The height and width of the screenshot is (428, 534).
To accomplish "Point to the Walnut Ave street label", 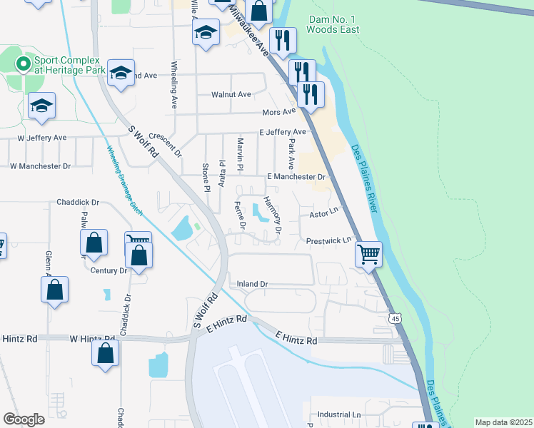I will [x=231, y=94].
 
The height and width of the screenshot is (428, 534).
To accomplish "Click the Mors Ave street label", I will [x=278, y=112].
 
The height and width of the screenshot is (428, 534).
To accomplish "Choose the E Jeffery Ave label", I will [x=283, y=132].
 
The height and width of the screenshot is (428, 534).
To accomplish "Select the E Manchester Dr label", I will [x=296, y=176].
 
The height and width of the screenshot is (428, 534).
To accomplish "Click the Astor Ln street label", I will [x=322, y=214].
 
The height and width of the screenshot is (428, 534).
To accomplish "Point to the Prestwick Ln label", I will [x=329, y=240].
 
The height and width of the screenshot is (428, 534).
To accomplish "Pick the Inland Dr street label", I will [x=253, y=284].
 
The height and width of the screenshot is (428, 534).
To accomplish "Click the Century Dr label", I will [x=109, y=270].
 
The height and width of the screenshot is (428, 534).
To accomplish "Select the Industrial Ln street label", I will [x=339, y=414].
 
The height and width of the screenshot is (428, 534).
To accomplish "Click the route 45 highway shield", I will [x=394, y=318].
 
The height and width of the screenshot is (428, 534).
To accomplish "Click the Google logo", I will [x=24, y=419].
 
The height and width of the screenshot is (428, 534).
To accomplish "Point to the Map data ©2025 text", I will [x=504, y=422].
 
